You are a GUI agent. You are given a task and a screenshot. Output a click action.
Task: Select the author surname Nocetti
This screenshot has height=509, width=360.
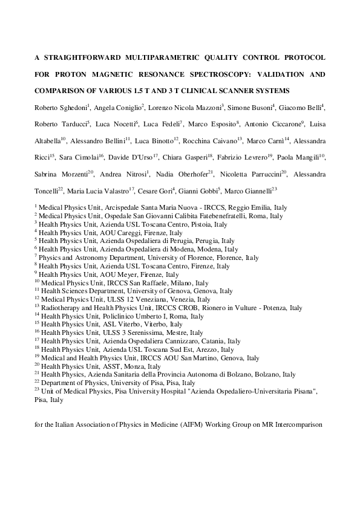tap(122, 124)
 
